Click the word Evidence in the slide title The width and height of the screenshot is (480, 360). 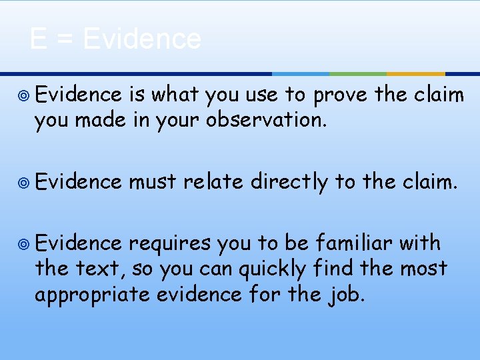142,39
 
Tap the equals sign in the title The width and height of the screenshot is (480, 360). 65,40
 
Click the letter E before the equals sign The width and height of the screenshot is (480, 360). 38,39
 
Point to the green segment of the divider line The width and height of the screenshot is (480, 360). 358,73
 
